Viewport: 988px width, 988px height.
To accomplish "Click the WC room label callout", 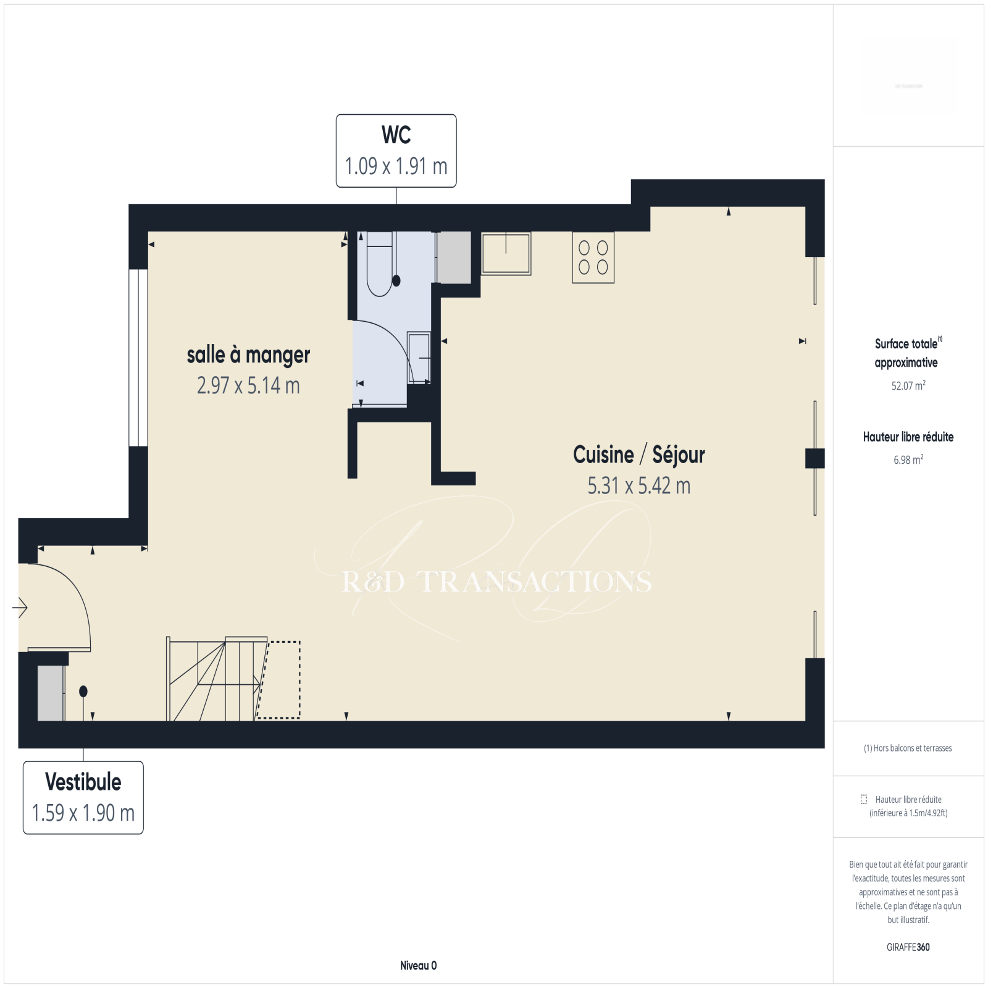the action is (x=396, y=151).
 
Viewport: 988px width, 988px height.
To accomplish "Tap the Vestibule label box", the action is (x=83, y=797).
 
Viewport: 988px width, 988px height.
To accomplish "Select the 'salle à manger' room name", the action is (x=248, y=355).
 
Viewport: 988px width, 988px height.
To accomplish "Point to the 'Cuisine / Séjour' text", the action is (x=639, y=455).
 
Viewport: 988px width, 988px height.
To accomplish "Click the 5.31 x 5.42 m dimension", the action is (x=639, y=486).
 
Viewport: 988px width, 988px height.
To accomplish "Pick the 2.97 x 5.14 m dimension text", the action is (x=248, y=386).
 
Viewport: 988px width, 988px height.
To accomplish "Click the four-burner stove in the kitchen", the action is (x=593, y=257).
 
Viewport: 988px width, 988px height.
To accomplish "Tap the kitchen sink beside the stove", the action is (x=506, y=253).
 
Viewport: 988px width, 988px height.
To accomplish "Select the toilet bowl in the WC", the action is (x=380, y=264).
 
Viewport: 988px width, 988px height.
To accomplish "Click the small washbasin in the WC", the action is (x=419, y=358).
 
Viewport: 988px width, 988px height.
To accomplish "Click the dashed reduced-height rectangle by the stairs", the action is (x=278, y=680).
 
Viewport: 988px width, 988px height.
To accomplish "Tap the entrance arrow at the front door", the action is (x=20, y=608).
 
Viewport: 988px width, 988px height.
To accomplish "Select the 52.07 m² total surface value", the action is (x=908, y=386).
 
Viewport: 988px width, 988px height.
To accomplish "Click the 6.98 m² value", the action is (x=908, y=460).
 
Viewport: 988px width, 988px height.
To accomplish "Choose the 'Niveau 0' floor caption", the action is (x=418, y=966).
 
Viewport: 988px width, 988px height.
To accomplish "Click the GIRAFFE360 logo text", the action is (x=908, y=947).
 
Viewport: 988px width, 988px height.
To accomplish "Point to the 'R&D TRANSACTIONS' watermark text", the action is (x=497, y=582).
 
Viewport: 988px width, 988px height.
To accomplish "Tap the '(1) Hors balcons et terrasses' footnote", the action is (x=908, y=748).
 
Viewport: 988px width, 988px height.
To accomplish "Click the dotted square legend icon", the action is (x=864, y=799).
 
